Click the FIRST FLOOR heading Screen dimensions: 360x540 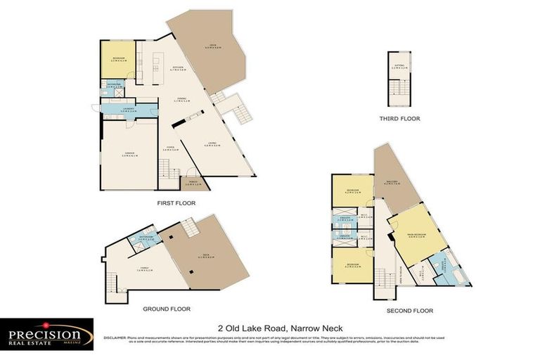click(x=176, y=202)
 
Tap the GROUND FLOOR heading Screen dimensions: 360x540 click(x=166, y=309)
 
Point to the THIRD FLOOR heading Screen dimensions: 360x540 click(x=399, y=119)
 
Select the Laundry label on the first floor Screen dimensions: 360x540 click(x=127, y=110)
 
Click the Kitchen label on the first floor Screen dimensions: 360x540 click(x=179, y=69)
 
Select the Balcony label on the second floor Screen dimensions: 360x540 click(x=392, y=184)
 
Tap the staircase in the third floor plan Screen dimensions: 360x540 click(x=399, y=89)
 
